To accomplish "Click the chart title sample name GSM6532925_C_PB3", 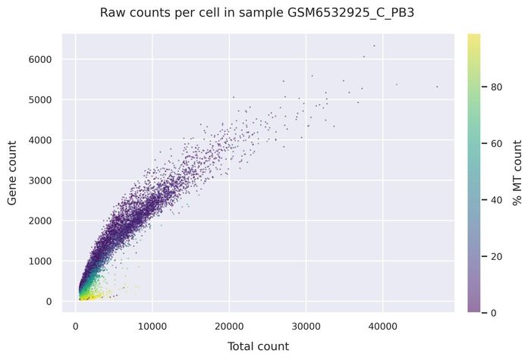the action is pyautogui.click(x=350, y=13).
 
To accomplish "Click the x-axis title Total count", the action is pyautogui.click(x=259, y=346).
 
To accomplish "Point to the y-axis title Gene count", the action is pyautogui.click(x=12, y=173).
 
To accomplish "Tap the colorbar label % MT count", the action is pyautogui.click(x=517, y=173).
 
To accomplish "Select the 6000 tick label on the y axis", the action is pyautogui.click(x=40, y=60).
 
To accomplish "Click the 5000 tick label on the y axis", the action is pyautogui.click(x=40, y=100).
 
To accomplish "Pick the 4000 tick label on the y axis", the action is pyautogui.click(x=40, y=140).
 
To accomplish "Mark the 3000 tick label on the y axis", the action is pyautogui.click(x=40, y=180).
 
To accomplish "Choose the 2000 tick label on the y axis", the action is pyautogui.click(x=40, y=221).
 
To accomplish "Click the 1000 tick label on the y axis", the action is pyautogui.click(x=40, y=261).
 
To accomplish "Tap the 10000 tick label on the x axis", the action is pyautogui.click(x=152, y=327).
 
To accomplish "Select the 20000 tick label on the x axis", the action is pyautogui.click(x=229, y=327).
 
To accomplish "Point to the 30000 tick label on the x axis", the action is pyautogui.click(x=306, y=327).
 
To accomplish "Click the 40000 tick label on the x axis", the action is pyautogui.click(x=383, y=327).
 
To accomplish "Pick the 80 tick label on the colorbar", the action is pyautogui.click(x=496, y=87).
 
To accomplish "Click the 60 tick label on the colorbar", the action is pyautogui.click(x=496, y=144).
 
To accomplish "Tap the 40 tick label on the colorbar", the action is pyautogui.click(x=496, y=200).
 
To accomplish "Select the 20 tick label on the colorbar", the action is pyautogui.click(x=496, y=257).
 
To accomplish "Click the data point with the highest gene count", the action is pyautogui.click(x=374, y=45).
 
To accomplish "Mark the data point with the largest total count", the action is pyautogui.click(x=437, y=87).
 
